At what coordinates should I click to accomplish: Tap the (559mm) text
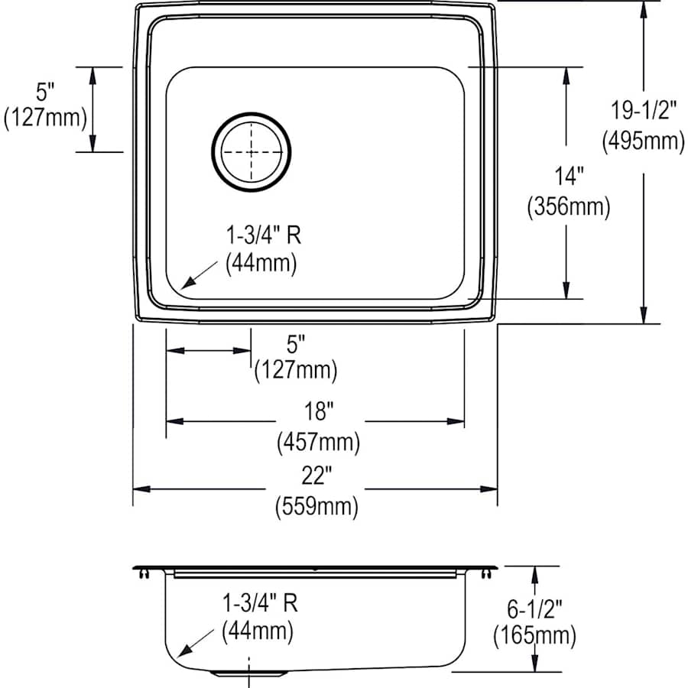point(316,507)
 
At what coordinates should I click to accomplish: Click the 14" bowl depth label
point(567,177)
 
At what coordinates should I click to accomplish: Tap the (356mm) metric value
point(568,206)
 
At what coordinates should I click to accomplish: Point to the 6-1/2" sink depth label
point(535,608)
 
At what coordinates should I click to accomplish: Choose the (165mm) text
point(535,634)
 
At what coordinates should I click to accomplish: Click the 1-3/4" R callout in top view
point(262,235)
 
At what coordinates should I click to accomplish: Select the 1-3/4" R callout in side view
point(259,602)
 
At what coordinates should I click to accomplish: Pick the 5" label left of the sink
point(45,92)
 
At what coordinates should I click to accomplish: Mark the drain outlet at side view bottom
point(249,672)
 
